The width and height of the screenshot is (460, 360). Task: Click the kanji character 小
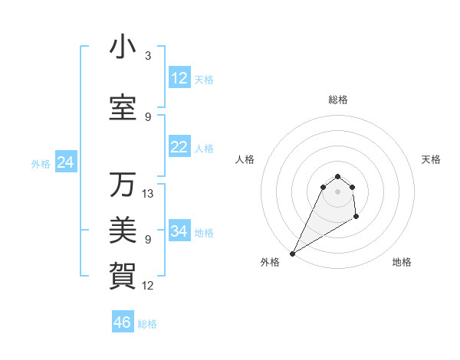tap(123, 47)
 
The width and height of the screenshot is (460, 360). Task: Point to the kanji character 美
tap(123, 227)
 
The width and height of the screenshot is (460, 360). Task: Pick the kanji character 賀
tap(123, 272)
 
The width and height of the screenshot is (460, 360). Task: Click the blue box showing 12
tap(179, 78)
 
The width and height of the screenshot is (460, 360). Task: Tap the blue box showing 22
tap(179, 148)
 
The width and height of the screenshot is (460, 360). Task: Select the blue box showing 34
tap(179, 231)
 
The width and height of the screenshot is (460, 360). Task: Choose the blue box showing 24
tap(65, 162)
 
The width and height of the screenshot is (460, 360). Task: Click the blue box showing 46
tap(123, 322)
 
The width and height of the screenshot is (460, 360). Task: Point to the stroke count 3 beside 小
tap(148, 56)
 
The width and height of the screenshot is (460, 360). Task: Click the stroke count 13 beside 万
tap(148, 194)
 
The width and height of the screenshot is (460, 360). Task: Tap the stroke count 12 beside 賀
tap(148, 286)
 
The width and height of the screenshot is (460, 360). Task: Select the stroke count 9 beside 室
tap(148, 117)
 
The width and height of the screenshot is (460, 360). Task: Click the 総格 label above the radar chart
tap(338, 100)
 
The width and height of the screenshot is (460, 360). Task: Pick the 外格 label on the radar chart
tap(270, 262)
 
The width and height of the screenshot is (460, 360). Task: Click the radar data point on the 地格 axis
tap(356, 218)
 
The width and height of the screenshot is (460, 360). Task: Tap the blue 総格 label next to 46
tap(147, 324)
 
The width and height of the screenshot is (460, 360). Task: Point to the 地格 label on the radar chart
tap(402, 262)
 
